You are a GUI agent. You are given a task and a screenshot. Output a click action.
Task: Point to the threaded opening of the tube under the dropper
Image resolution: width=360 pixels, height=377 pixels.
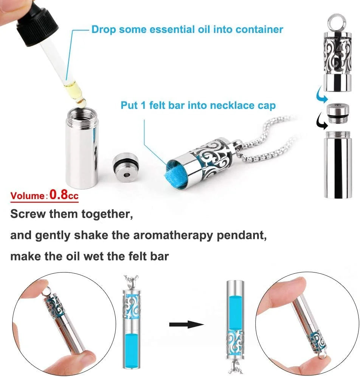[x=82, y=114]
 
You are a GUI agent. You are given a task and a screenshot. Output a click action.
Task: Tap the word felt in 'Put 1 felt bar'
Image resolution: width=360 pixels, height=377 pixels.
[x=160, y=105]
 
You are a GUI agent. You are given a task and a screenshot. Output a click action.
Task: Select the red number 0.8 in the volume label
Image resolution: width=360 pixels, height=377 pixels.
[x=59, y=194]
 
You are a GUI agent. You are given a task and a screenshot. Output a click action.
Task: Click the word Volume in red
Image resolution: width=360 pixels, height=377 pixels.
[x=27, y=196]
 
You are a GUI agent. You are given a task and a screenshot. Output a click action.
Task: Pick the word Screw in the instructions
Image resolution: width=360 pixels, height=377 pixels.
[x=28, y=214]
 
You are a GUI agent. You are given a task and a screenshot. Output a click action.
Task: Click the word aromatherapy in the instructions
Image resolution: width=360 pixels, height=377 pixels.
[x=173, y=235]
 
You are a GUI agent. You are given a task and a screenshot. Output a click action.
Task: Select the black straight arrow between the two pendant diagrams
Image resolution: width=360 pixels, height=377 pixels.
[x=186, y=324]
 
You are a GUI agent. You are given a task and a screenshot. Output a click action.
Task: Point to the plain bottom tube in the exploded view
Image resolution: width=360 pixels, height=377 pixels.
[x=338, y=165]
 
